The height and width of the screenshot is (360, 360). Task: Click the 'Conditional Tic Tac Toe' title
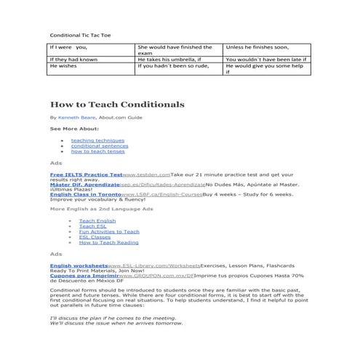click(x=81, y=35)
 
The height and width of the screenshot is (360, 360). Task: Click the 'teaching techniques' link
click(x=97, y=140)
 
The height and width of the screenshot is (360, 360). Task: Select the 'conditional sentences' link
click(x=99, y=145)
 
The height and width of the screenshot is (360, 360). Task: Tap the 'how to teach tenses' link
click(x=97, y=151)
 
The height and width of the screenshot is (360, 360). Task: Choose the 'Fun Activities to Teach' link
click(x=109, y=231)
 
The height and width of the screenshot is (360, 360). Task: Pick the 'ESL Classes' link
click(x=95, y=236)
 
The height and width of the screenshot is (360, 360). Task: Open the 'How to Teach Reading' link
click(x=108, y=242)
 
